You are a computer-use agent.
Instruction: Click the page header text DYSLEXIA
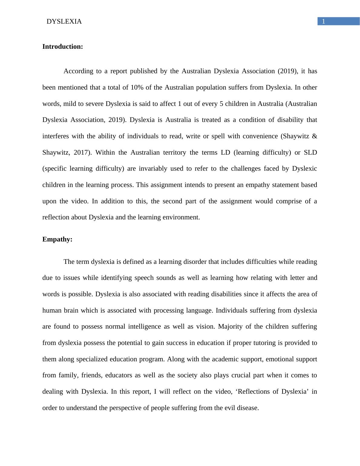pos(64,21)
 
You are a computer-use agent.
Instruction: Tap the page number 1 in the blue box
pos(323,21)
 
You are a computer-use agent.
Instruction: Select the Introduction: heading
pos(63,47)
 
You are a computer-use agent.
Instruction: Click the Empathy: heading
pos(57,239)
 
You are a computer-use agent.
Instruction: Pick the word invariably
pos(153,169)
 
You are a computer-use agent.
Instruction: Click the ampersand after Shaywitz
pos(314,136)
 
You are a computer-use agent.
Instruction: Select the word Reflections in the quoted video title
pos(254,392)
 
